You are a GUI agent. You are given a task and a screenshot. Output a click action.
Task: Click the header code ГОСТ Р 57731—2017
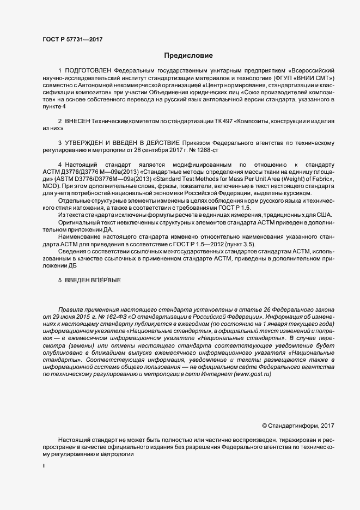point(72,40)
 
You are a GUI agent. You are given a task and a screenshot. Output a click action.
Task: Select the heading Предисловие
point(188,56)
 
